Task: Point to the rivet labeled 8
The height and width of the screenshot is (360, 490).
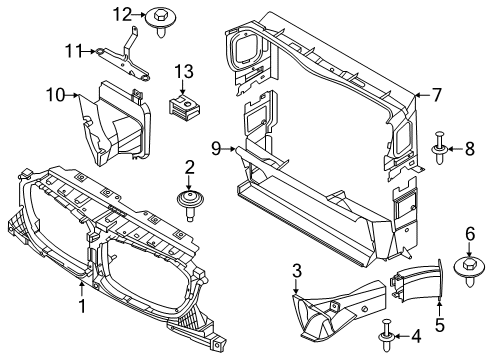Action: (440, 149)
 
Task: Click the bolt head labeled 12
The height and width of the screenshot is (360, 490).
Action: (161, 18)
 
